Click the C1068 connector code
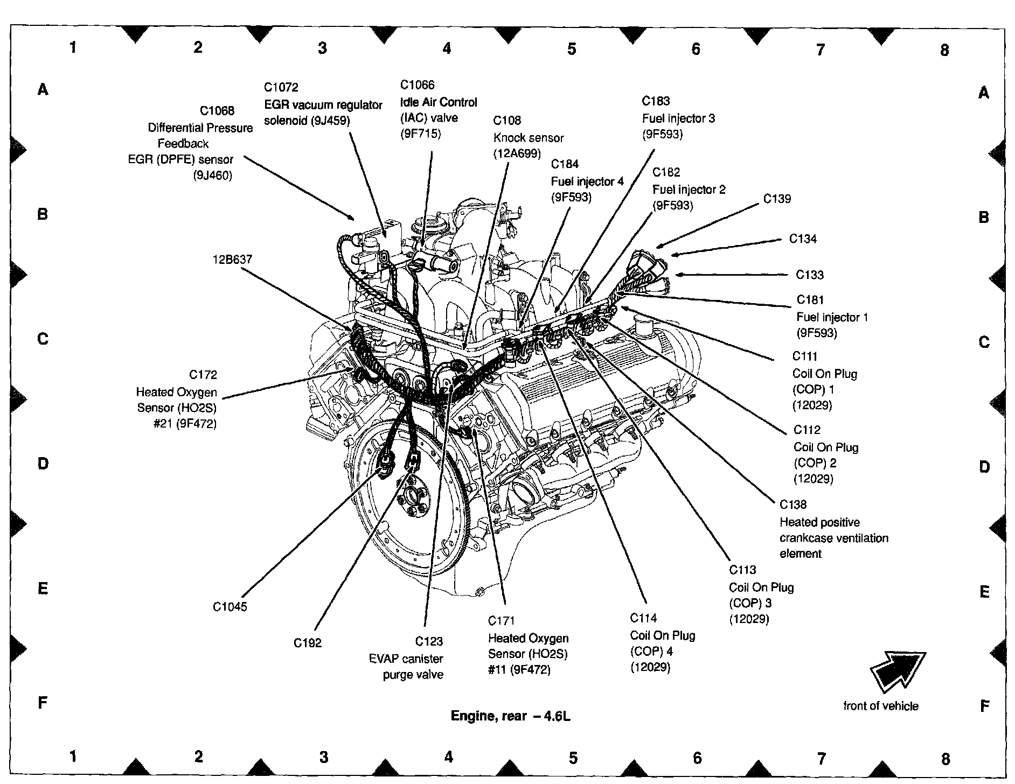coord(217,111)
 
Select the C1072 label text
coord(281,87)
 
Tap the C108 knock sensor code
coord(507,121)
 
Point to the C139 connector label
coord(777,199)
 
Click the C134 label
coord(803,239)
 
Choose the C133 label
coord(810,275)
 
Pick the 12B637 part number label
coord(232,260)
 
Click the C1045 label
coord(230,607)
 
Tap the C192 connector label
coord(308,643)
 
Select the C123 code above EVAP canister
coord(429,641)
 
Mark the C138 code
coord(793,505)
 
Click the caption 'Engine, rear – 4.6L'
coord(510,716)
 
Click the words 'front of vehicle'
coord(881,706)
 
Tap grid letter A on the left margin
coord(43,89)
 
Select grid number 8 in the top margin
coord(944,50)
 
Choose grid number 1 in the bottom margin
coord(73,757)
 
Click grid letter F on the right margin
coord(984,706)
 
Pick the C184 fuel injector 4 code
coord(565,164)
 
